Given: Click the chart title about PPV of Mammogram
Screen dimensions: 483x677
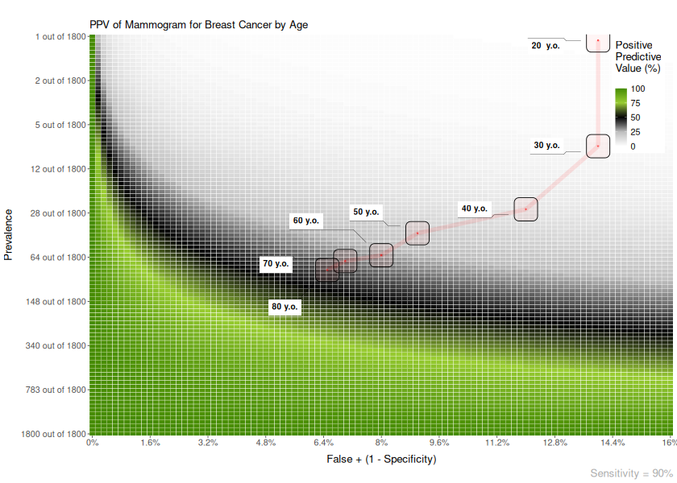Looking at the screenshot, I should [198, 25].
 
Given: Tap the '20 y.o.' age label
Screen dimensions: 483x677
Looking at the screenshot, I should [546, 46].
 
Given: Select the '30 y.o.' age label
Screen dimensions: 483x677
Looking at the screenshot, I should [546, 146].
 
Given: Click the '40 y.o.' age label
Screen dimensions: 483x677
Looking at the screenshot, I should [474, 209].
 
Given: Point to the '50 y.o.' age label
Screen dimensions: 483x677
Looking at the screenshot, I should [366, 213].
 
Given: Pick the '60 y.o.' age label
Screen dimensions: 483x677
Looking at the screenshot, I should [306, 221].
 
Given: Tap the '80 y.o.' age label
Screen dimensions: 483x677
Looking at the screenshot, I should [285, 307].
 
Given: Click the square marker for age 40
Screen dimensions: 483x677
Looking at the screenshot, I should [525, 209].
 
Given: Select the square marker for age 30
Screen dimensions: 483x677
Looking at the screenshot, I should [598, 147].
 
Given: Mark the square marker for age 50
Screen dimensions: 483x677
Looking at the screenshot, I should [417, 233].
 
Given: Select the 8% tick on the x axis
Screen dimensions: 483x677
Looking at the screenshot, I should [381, 444].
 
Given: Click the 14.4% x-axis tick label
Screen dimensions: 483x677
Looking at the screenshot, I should [613, 444].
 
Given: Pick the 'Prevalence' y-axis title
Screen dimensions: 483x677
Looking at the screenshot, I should [9, 234].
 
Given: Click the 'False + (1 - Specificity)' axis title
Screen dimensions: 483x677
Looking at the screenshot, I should [381, 460].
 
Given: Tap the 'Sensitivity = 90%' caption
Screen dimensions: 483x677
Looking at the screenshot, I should [631, 474].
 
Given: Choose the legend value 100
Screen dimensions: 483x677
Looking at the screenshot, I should [638, 89].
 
